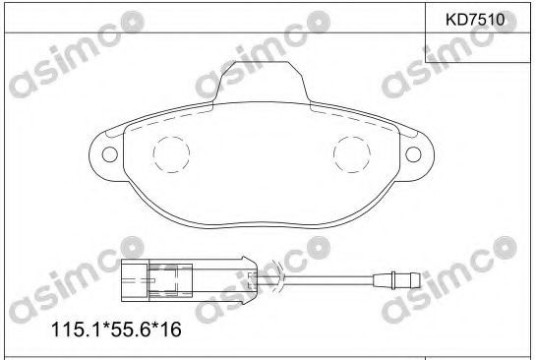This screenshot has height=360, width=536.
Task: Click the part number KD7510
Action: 475,20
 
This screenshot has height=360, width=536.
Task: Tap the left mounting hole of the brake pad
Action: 110,154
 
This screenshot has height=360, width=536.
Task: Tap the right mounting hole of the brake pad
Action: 413,154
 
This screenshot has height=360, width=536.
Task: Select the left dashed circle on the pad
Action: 171,154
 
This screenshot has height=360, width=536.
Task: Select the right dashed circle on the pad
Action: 352,154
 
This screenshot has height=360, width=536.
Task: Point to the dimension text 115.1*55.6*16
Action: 116,330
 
